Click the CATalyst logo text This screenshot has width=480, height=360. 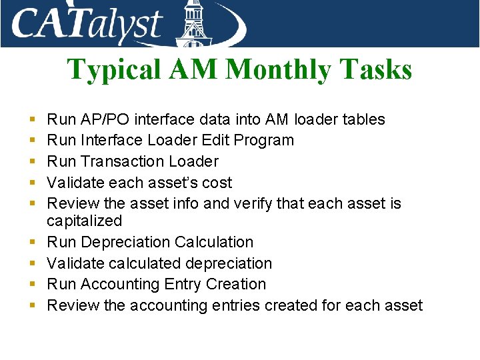click(87, 25)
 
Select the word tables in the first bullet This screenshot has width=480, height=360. click(363, 119)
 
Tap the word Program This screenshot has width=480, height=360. click(265, 140)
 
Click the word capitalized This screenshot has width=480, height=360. click(85, 221)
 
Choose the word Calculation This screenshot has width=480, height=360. click(215, 242)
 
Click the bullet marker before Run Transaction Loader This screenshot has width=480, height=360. click(33, 162)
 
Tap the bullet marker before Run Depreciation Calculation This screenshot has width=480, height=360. click(33, 243)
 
